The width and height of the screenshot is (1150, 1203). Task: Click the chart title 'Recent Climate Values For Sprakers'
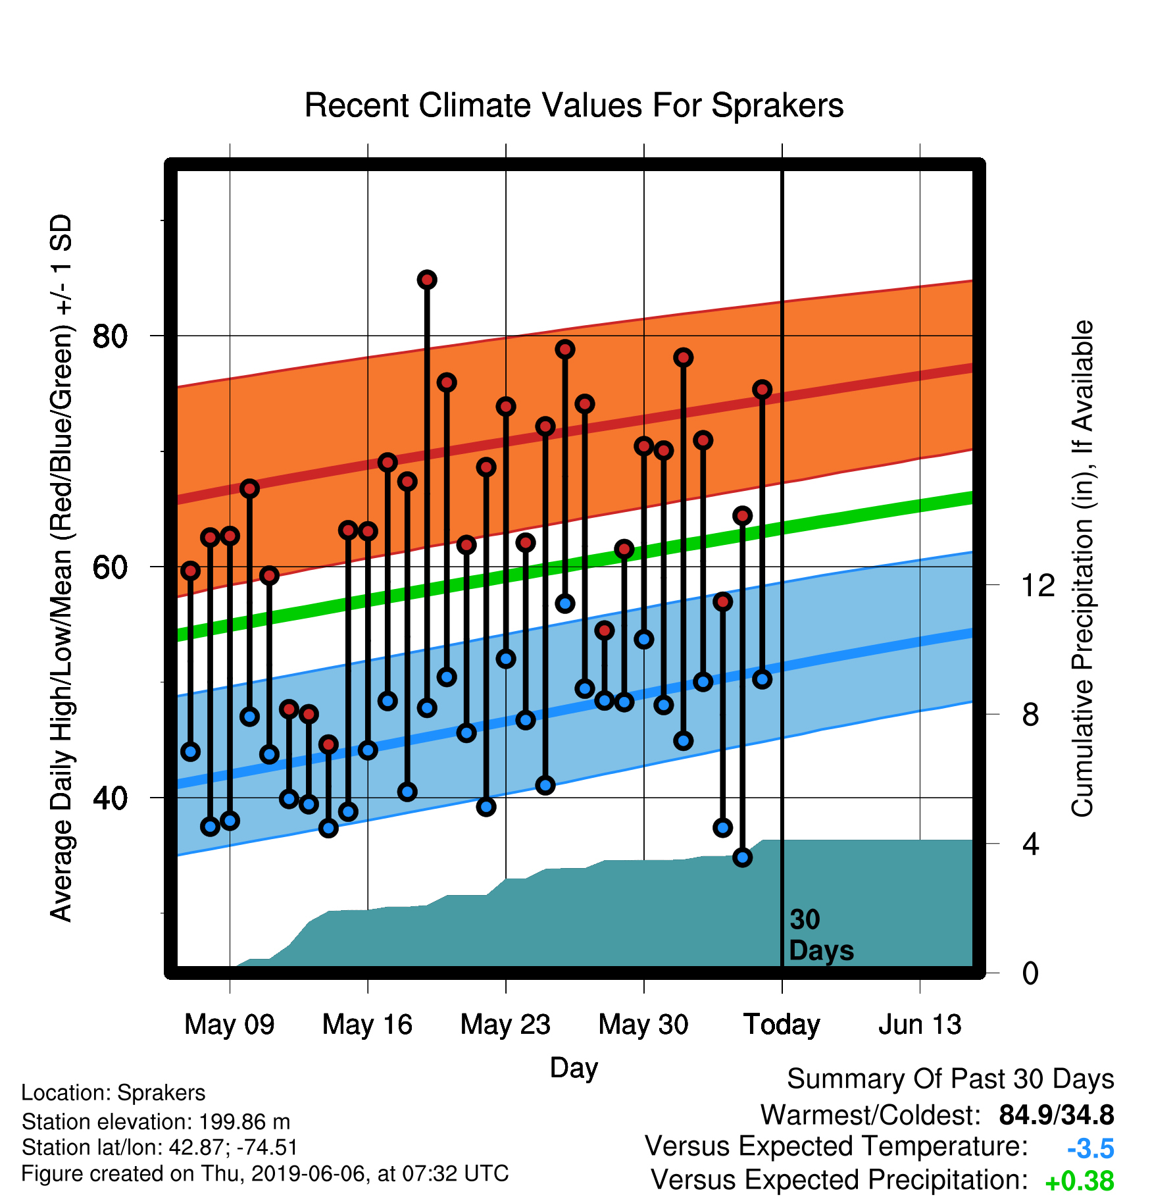coord(574,105)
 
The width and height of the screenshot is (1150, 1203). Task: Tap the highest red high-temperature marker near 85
coord(427,280)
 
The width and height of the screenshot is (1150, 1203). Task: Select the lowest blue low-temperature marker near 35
coord(742,857)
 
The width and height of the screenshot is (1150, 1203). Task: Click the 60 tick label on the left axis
coord(110,567)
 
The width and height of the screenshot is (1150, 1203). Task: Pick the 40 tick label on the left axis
coord(110,798)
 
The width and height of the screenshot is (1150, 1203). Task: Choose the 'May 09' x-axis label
coord(230,1025)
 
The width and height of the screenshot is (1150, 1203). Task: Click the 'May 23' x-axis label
coord(505,1025)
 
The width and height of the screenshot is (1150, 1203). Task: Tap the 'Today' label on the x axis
coord(782,1025)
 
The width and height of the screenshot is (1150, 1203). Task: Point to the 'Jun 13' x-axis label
coord(920,1025)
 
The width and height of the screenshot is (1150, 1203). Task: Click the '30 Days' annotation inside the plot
coord(821,935)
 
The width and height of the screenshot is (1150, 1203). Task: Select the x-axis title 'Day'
coord(574,1068)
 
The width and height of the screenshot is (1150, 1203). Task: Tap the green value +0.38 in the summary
coord(1080,1181)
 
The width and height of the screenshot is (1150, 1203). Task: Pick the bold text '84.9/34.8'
coord(1057,1115)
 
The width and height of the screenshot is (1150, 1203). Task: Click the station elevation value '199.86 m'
coord(244,1121)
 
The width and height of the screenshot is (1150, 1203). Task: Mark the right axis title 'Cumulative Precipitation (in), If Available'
coord(1082,569)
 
